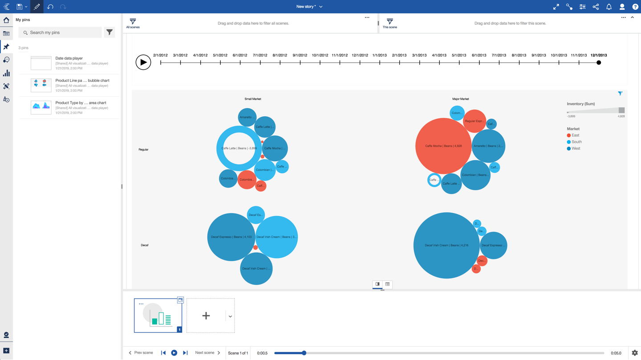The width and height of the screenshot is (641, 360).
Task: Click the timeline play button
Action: (x=143, y=62)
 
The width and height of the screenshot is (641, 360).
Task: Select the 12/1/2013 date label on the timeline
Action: (x=598, y=56)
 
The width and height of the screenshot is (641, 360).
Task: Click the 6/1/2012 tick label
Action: (x=240, y=56)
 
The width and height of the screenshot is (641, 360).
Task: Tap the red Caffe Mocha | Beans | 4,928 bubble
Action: (x=443, y=146)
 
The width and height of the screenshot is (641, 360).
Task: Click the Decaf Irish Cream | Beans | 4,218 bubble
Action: (x=446, y=245)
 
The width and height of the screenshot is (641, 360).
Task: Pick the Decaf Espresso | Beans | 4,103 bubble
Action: (x=231, y=237)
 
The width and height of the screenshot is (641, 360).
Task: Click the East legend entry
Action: (x=575, y=135)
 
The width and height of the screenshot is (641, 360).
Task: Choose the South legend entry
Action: (x=576, y=142)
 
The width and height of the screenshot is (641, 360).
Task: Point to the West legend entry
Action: (x=576, y=149)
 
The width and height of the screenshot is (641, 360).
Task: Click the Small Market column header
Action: (x=252, y=99)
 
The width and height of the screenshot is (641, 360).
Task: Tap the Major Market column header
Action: (x=460, y=99)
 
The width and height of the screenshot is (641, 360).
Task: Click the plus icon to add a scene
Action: (x=206, y=316)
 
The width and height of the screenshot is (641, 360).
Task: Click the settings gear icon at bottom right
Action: (x=634, y=353)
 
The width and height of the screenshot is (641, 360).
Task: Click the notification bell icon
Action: (x=609, y=7)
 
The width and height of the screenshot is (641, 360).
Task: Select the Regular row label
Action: (x=143, y=150)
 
